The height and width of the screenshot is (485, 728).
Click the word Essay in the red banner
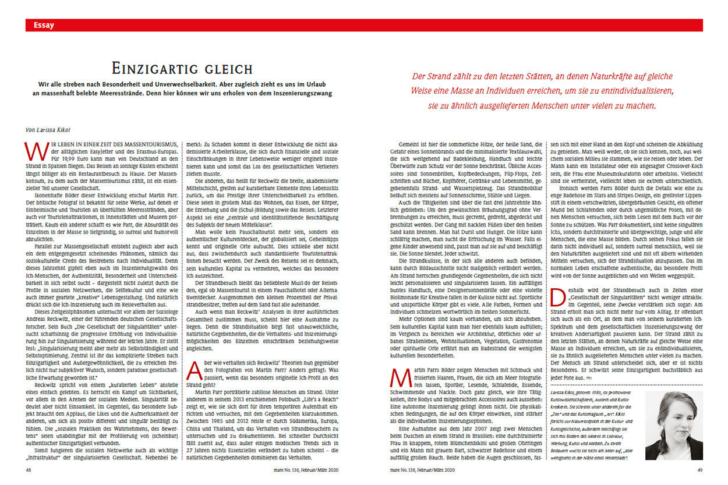44,25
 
